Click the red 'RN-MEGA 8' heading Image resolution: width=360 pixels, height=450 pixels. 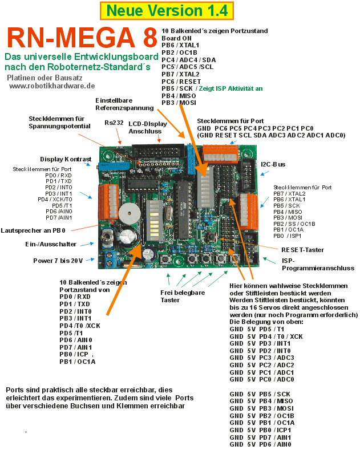(82, 37)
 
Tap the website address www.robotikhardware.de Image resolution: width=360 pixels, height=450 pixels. (52, 86)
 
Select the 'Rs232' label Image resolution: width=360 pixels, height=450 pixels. (114, 123)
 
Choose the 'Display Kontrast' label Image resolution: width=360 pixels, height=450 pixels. (66, 159)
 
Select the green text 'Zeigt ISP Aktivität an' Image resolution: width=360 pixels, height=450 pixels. (230, 88)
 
